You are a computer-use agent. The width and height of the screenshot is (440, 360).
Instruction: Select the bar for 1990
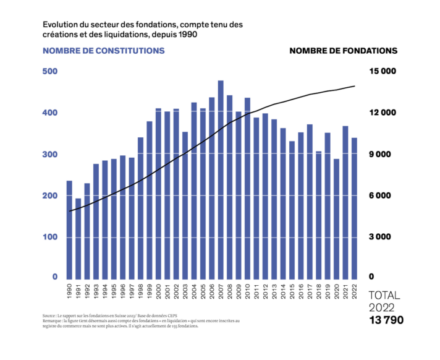[69, 229]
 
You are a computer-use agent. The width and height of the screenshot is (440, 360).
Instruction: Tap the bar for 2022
[354, 207]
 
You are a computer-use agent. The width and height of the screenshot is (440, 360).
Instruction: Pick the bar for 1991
[78, 238]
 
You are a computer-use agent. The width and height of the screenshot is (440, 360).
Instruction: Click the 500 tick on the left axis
[49, 71]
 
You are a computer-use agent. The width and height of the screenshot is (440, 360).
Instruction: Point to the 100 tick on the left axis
[49, 237]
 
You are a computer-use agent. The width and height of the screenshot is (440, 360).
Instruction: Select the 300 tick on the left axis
[49, 154]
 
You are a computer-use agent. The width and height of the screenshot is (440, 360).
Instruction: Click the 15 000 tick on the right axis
[383, 71]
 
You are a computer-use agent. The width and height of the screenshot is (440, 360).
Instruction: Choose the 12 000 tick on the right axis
[383, 113]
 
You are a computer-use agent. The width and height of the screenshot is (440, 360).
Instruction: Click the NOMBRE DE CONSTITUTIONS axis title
[103, 51]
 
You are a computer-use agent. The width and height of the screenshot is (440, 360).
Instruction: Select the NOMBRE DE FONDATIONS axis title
[343, 51]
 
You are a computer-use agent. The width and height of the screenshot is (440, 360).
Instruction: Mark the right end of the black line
[355, 85]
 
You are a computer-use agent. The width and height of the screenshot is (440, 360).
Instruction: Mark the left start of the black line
[69, 212]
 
